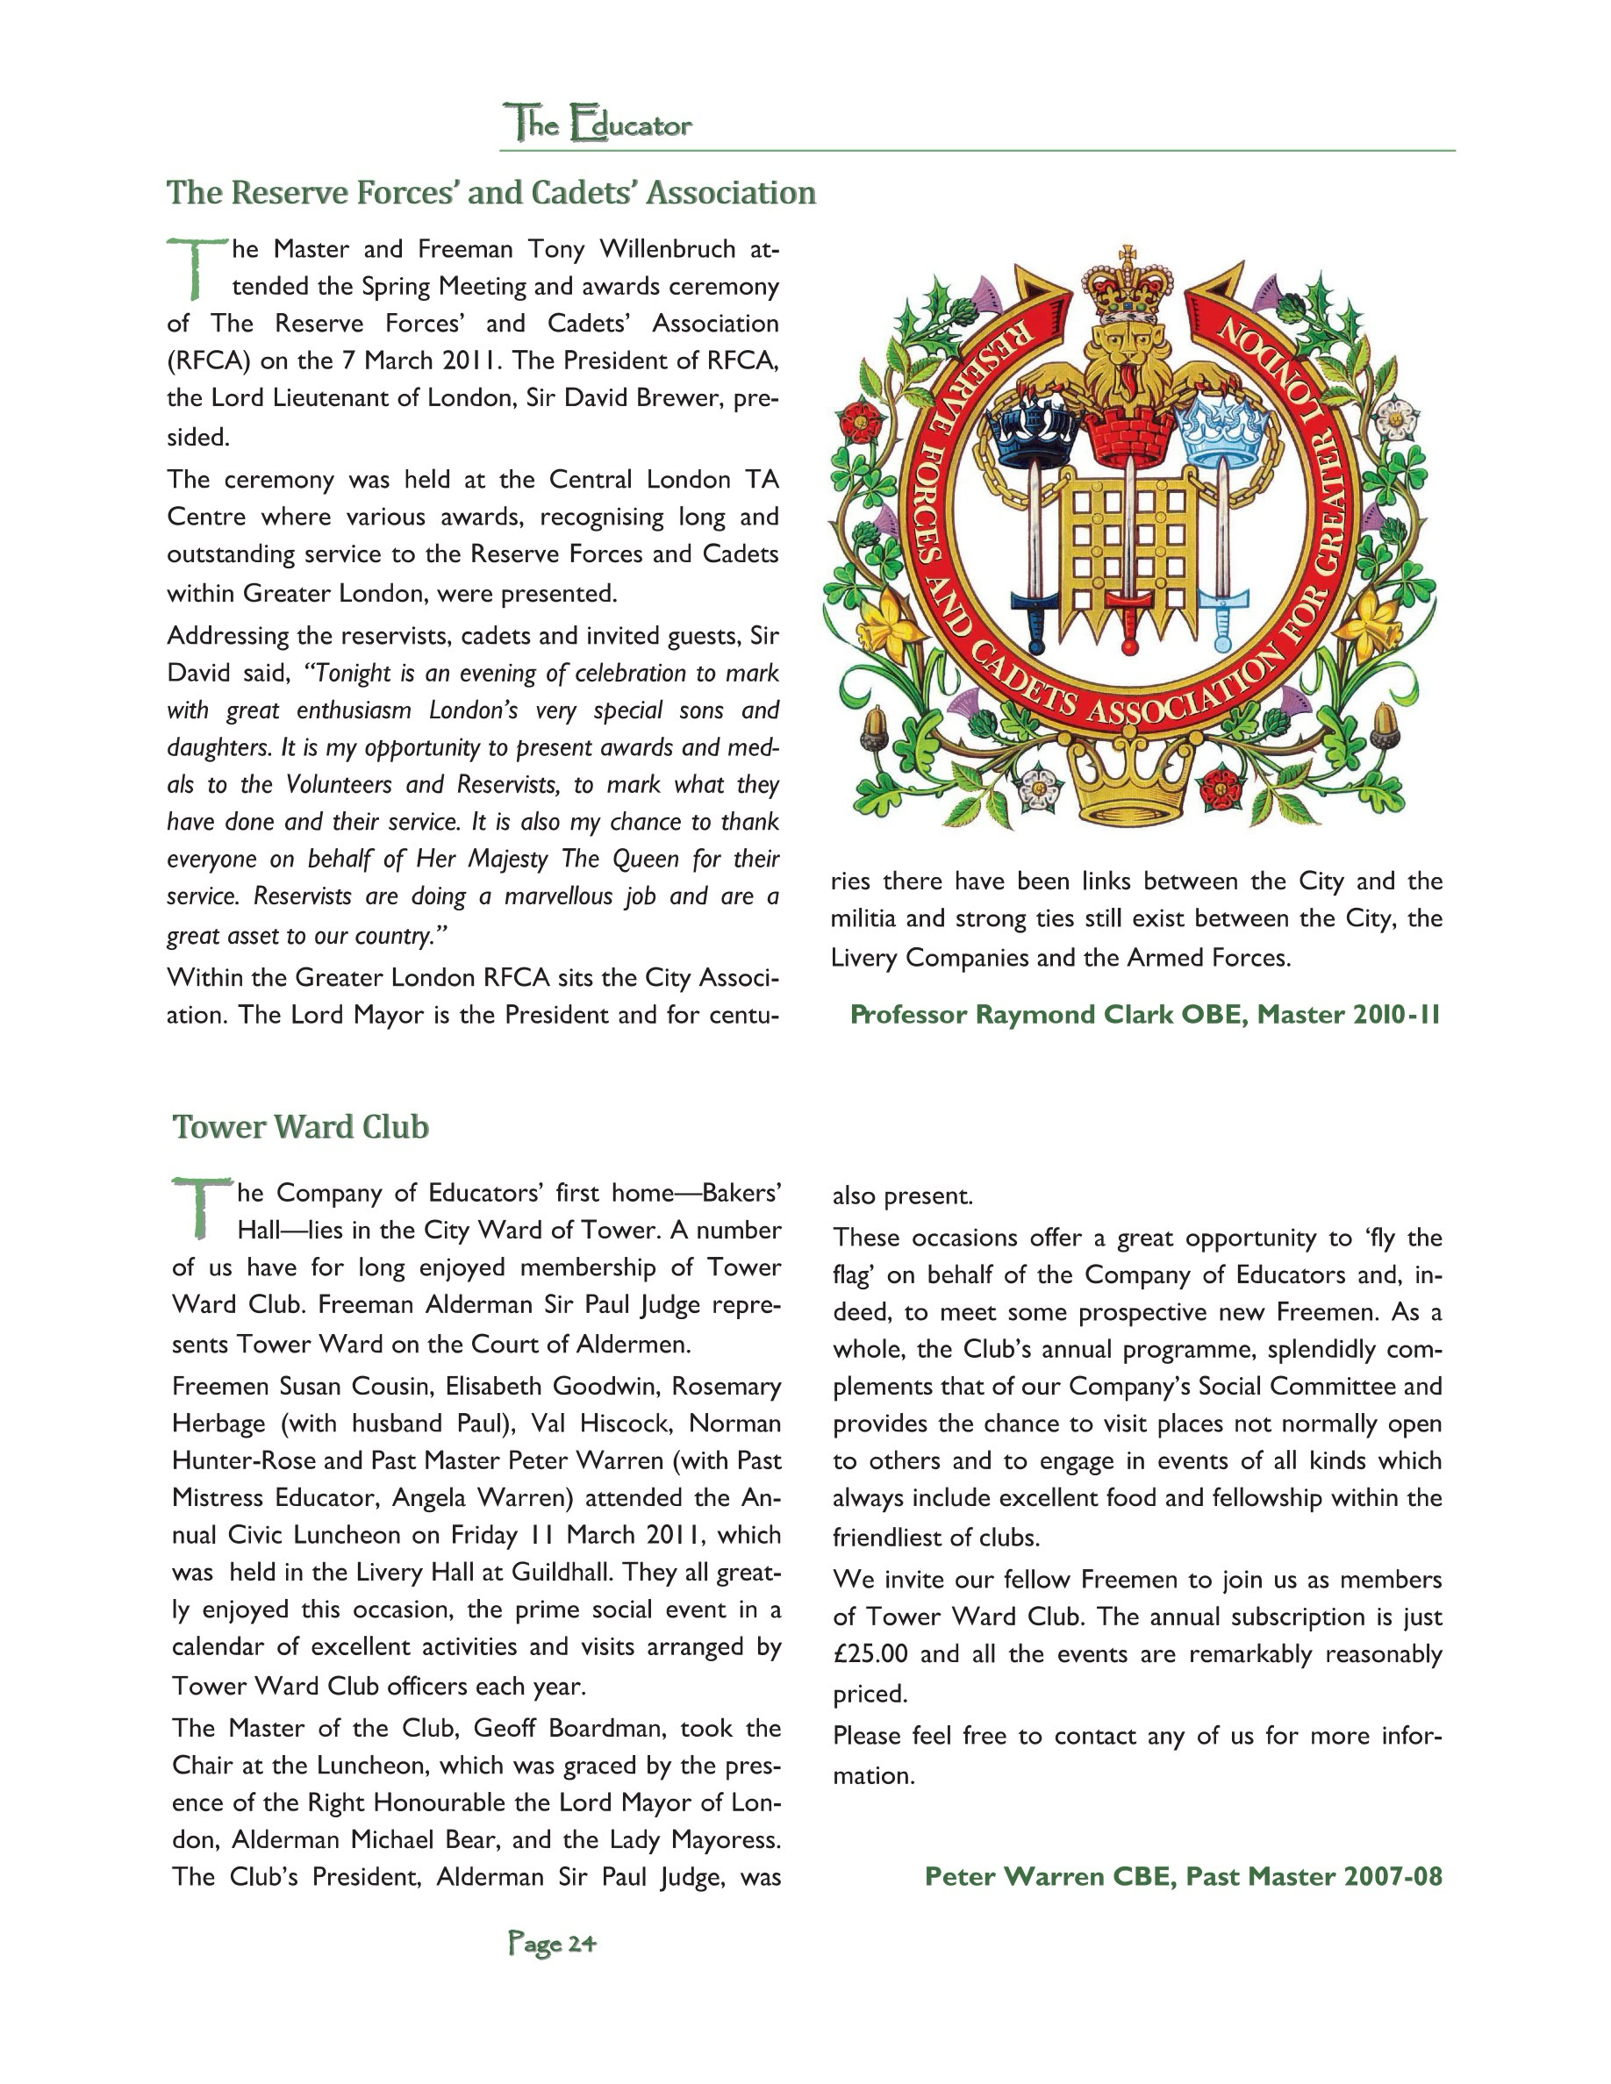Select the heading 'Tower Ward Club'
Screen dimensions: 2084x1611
(x=301, y=1127)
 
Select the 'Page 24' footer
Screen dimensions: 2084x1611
(x=552, y=1943)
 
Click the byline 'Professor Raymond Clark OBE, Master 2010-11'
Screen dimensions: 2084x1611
(x=1145, y=1014)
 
